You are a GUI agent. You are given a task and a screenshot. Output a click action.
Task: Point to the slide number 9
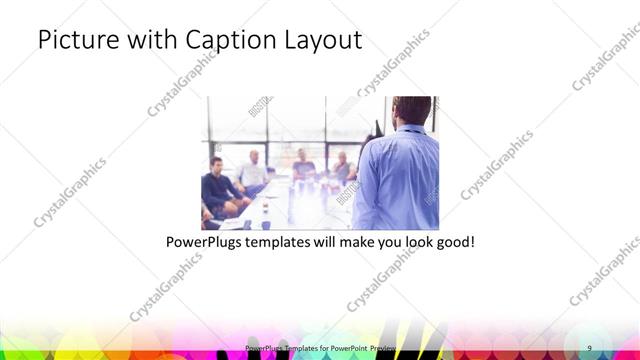pyautogui.click(x=589, y=347)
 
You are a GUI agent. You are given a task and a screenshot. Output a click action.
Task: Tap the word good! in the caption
pyautogui.click(x=452, y=242)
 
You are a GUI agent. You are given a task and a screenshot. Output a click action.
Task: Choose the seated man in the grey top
pyautogui.click(x=341, y=167)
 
